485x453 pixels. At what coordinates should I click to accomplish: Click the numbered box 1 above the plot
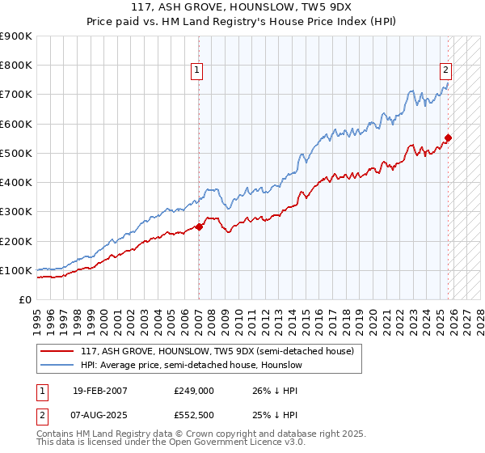[196, 70]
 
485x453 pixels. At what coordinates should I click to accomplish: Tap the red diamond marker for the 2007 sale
[199, 227]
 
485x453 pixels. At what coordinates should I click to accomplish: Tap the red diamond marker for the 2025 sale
[448, 138]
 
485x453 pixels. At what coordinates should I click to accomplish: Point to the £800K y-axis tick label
[16, 66]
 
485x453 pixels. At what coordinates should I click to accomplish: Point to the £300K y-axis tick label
[16, 212]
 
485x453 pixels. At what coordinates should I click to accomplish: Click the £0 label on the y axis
[25, 300]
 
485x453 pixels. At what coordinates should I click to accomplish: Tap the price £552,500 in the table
[193, 414]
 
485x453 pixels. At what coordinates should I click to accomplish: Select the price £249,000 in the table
[193, 391]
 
